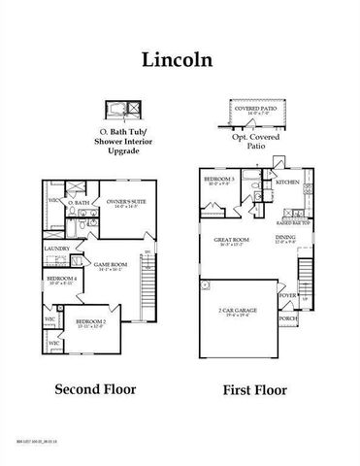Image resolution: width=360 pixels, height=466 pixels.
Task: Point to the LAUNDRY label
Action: point(56,250)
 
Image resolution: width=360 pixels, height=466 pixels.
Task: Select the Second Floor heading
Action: point(95,390)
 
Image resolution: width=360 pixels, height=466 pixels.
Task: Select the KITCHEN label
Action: point(287,183)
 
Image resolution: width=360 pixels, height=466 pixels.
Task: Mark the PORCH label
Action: point(288,317)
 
